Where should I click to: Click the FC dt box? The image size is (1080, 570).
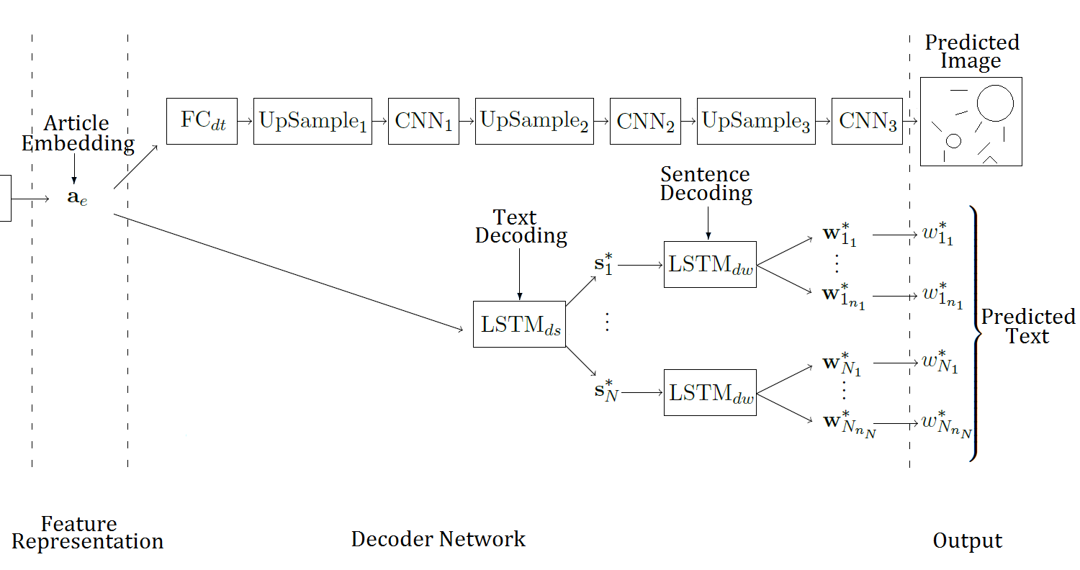[x=202, y=121]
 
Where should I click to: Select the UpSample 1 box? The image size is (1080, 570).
[x=312, y=121]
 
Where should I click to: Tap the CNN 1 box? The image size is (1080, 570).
[x=423, y=121]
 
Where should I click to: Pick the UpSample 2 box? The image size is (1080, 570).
[x=534, y=121]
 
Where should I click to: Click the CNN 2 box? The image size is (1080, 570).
[x=645, y=121]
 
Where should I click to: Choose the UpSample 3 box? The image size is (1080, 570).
[x=756, y=121]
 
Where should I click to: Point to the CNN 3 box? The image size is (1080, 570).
[x=867, y=121]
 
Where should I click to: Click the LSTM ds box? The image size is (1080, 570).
[x=519, y=325]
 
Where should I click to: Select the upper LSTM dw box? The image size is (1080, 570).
[x=710, y=264]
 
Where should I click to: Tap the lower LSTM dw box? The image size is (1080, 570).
[x=710, y=392]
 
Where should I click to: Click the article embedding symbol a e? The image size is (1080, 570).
[x=77, y=197]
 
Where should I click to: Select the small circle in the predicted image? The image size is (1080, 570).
[x=953, y=141]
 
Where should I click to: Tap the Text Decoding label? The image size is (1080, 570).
[x=520, y=227]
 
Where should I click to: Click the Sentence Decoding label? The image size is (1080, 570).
[x=706, y=184]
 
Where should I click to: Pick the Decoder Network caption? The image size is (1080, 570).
[x=438, y=539]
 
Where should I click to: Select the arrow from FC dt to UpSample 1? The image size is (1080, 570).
[x=245, y=121]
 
